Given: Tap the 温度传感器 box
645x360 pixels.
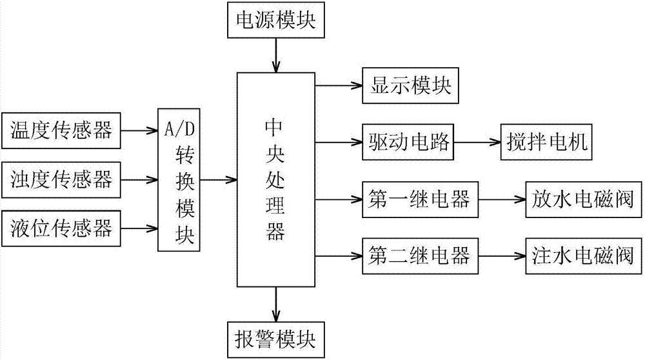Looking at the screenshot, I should pyautogui.click(x=62, y=132).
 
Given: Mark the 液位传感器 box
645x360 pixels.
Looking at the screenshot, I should pyautogui.click(x=62, y=227).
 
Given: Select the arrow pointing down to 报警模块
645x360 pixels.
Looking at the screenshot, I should pyautogui.click(x=277, y=303).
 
